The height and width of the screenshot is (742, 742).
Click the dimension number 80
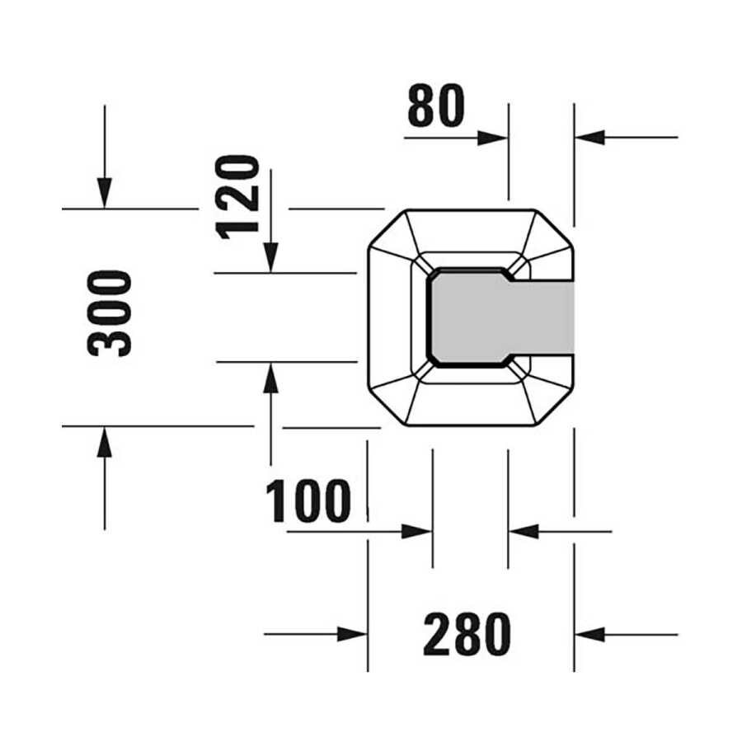click(x=436, y=106)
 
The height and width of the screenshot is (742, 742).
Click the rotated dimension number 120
click(x=237, y=197)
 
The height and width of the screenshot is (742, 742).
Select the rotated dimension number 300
click(x=110, y=313)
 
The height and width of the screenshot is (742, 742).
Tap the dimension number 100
click(x=308, y=500)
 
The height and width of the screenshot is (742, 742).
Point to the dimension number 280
click(x=467, y=634)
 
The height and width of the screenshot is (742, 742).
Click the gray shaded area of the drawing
click(x=501, y=317)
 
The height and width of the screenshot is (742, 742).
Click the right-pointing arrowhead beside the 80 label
click(x=493, y=139)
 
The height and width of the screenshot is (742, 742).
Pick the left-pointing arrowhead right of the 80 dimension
click(x=589, y=137)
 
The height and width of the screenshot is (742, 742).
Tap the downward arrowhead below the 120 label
click(x=270, y=257)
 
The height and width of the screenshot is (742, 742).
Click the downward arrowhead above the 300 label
click(x=105, y=193)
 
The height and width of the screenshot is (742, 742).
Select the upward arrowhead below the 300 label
click(x=105, y=442)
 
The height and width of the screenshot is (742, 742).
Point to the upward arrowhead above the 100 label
click(x=270, y=378)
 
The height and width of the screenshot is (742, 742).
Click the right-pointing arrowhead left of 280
click(x=353, y=634)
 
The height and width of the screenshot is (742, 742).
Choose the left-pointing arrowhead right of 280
click(x=589, y=635)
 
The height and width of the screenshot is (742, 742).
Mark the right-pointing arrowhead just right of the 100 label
click(x=417, y=532)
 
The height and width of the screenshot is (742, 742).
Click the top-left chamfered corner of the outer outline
click(x=387, y=228)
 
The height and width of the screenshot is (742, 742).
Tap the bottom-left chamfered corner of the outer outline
click(x=387, y=407)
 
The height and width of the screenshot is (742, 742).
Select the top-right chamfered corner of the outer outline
click(x=554, y=228)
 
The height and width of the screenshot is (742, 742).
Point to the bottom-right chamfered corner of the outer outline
click(x=554, y=407)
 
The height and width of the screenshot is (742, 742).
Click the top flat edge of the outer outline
click(x=472, y=209)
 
